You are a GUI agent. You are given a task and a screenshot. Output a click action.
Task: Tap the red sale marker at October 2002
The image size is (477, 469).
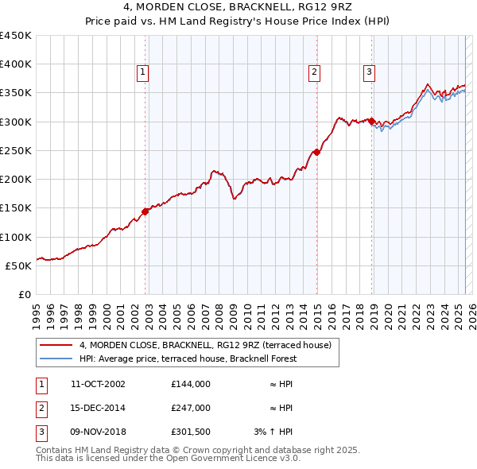coord(145,211)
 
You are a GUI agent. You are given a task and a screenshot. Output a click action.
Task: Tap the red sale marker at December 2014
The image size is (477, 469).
coord(316,152)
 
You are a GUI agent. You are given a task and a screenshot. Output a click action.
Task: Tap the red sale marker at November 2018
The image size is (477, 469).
coord(372,121)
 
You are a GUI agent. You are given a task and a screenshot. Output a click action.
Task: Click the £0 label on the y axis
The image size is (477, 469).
coord(25,294)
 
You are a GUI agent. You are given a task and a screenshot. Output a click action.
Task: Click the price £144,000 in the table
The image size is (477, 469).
coord(190,384)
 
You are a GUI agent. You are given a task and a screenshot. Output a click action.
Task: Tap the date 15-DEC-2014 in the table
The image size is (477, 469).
coord(98,408)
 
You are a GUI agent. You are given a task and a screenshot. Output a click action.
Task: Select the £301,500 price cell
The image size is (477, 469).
coord(190,432)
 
